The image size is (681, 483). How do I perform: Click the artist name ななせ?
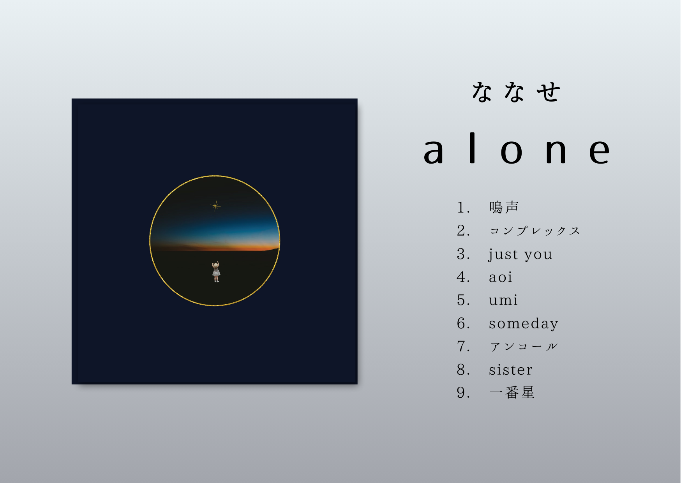coord(516,92)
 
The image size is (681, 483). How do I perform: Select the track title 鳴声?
coord(504,207)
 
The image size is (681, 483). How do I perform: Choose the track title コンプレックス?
coord(535,231)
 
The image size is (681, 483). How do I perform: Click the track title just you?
coord(520,254)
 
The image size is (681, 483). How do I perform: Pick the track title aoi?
coord(501,277)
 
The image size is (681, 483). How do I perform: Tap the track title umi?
coord(503,300)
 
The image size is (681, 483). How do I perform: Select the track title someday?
coord(524,324)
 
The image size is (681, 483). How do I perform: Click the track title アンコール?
coord(524,346)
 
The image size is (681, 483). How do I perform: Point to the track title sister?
coord(511,370)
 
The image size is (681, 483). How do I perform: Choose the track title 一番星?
coord(512,392)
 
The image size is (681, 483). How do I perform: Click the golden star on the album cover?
coord(215,205)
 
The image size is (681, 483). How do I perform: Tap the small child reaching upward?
coord(216,271)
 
